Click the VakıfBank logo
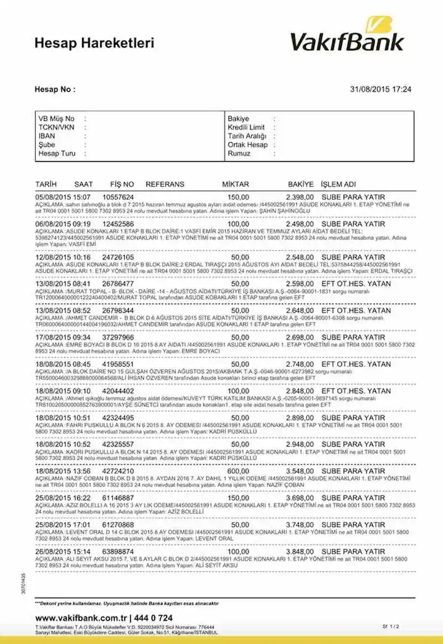[347, 35]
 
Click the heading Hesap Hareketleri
[94, 43]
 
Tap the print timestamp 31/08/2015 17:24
[381, 89]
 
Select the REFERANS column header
[165, 184]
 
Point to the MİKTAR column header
[235, 184]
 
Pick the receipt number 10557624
[118, 197]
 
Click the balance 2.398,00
[300, 197]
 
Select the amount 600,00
[238, 471]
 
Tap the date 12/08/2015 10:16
[63, 257]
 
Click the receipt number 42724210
[118, 471]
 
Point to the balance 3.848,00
[300, 552]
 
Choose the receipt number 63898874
[118, 552]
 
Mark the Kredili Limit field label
[246, 127]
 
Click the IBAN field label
[47, 136]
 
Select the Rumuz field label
[239, 153]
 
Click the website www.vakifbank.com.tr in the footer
[80, 618]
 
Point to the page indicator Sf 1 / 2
[390, 626]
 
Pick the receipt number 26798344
[118, 311]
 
